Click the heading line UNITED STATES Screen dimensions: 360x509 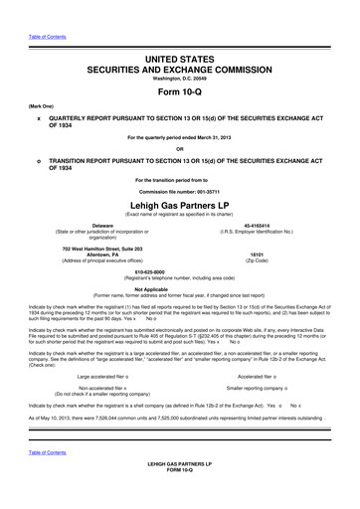click(x=180, y=33)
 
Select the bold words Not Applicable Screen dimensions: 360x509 click(x=180, y=289)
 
